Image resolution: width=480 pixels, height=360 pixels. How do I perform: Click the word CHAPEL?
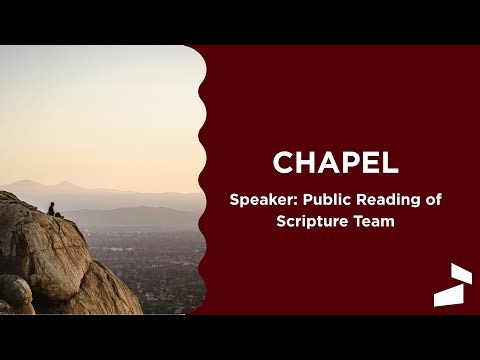click(x=336, y=162)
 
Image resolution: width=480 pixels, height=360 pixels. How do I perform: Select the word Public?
click(x=326, y=200)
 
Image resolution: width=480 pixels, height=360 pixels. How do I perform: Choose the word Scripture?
click(x=315, y=221)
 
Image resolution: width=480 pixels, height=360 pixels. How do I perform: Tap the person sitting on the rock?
click(x=52, y=209)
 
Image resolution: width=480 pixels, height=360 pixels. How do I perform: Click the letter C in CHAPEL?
click(x=283, y=162)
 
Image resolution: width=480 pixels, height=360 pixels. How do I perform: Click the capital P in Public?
click(x=306, y=200)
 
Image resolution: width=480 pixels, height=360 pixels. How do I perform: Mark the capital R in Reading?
click(x=361, y=200)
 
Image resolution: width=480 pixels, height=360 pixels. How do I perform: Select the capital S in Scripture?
click(x=281, y=221)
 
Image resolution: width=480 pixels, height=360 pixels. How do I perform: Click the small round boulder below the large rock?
click(x=14, y=291)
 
